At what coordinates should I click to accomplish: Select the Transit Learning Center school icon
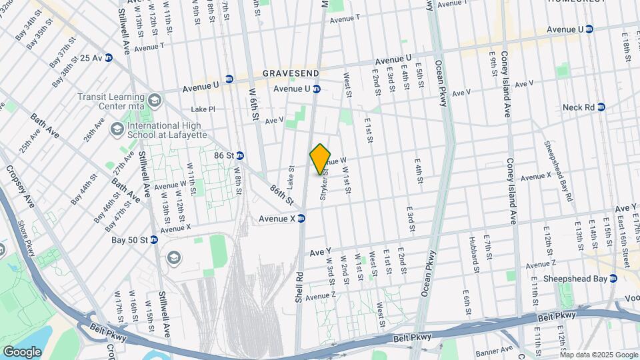coord(155,101)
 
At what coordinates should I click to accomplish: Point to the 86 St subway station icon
coord(240,155)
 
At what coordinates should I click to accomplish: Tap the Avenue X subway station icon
coord(301,218)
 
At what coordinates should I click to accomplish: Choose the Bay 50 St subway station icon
coord(154,239)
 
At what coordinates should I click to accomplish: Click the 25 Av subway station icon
coord(108,58)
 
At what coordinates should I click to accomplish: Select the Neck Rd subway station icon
coord(601,107)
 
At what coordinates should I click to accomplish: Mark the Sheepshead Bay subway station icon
coord(613,278)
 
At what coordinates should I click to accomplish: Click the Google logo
coord(22,351)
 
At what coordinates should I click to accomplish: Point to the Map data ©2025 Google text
coord(599,354)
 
